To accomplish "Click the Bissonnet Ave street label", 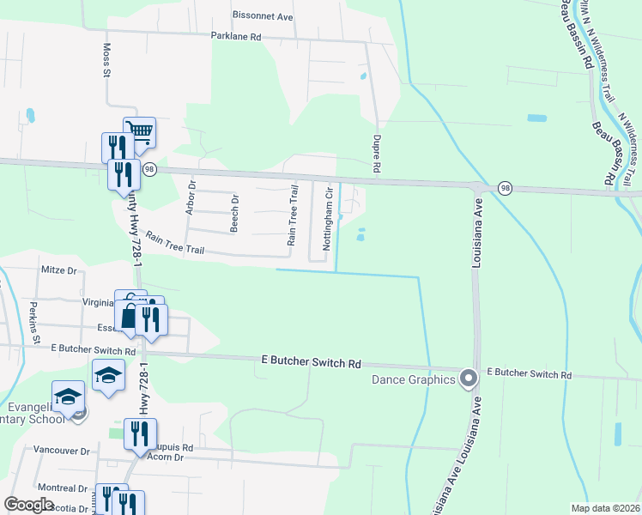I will point(263,15).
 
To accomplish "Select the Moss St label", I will point(107,62).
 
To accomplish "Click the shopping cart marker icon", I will point(139,131).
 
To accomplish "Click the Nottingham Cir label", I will point(327,221).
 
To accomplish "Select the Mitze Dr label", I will point(59,270).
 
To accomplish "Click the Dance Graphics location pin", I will point(468,378).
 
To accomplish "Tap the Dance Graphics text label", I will point(413,379).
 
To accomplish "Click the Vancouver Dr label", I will point(61,450).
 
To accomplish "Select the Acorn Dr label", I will point(167,457).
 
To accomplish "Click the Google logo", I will point(28,505).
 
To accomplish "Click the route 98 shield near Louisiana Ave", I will point(504,188).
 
